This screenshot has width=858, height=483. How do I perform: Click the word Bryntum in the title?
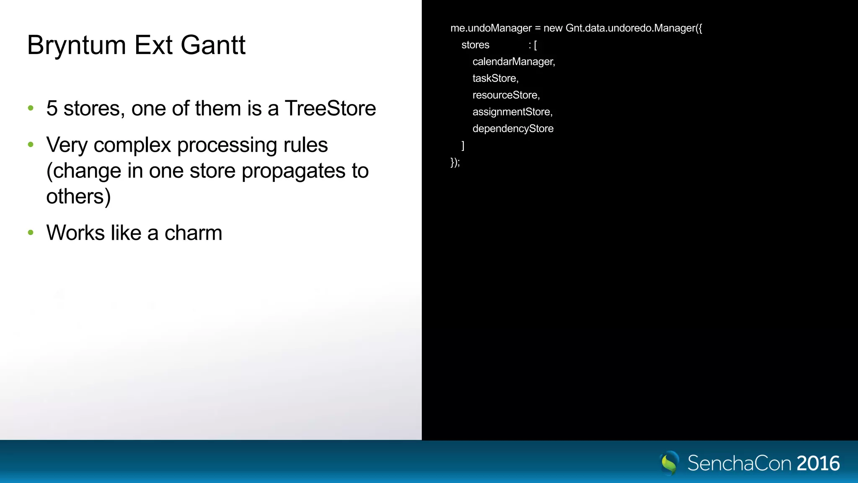[76, 45]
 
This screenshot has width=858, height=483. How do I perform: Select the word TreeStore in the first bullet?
[330, 109]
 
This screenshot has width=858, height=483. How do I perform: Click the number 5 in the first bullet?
[52, 109]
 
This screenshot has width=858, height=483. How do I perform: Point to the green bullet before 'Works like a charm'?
[31, 233]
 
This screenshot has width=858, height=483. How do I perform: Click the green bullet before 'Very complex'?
[31, 145]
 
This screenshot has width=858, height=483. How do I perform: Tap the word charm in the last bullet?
[193, 233]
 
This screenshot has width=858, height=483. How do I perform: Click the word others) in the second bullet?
[78, 197]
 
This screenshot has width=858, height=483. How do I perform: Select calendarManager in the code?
[513, 62]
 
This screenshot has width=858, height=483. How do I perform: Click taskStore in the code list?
[495, 78]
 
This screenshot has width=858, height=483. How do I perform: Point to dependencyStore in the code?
[513, 129]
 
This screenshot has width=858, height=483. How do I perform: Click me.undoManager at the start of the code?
[491, 28]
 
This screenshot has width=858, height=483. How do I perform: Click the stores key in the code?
[475, 45]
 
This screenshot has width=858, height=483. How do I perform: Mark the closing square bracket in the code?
[463, 145]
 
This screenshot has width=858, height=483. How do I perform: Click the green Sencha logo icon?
[669, 463]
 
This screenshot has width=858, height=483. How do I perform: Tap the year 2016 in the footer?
[818, 463]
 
